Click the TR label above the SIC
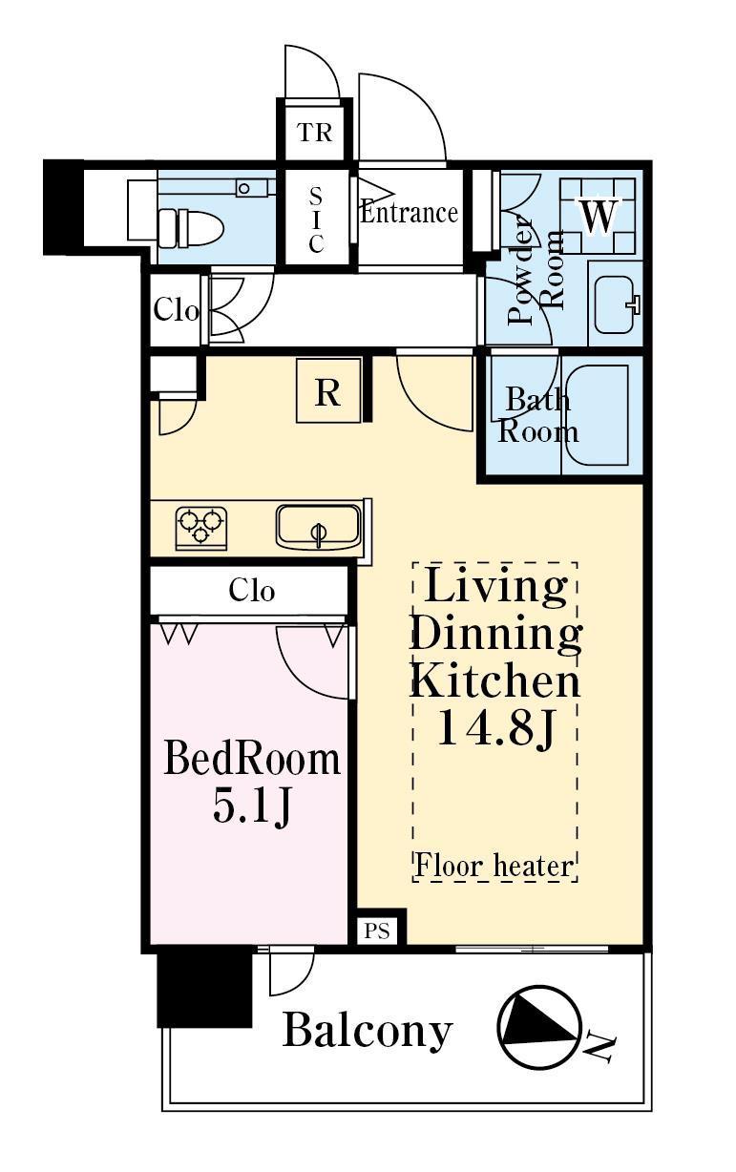[315, 133]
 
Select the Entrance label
[409, 213]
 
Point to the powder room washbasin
[616, 304]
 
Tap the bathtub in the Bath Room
[597, 415]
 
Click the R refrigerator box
[328, 391]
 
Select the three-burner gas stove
[201, 528]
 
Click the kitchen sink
[319, 527]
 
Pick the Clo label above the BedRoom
[251, 591]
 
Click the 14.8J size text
[495, 728]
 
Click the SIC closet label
[316, 220]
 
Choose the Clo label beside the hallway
[176, 311]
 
